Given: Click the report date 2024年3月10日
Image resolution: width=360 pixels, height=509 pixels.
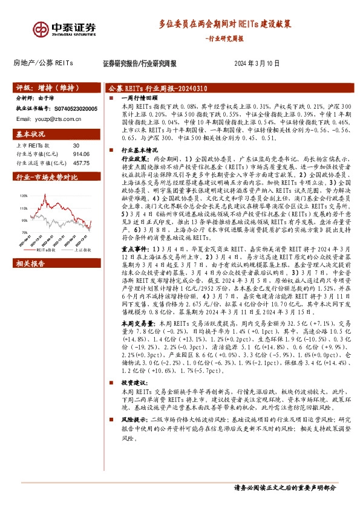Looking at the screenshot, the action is (257, 63).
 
